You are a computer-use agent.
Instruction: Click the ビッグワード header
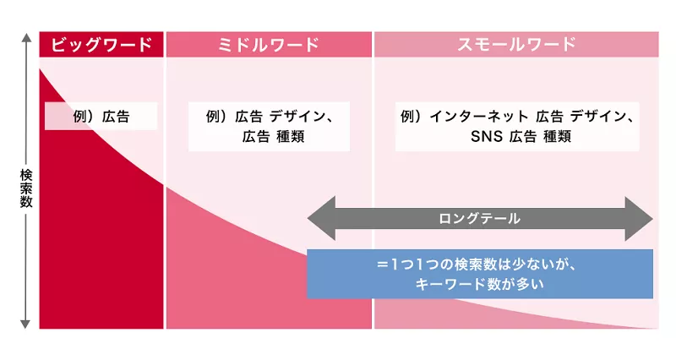(x=101, y=44)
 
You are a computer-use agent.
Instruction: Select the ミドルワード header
(x=269, y=44)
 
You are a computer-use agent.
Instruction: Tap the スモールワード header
(x=516, y=44)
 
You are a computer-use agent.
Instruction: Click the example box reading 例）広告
(x=101, y=117)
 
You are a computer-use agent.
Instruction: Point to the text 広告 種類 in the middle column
(x=269, y=136)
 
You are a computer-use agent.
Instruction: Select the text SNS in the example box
(x=487, y=136)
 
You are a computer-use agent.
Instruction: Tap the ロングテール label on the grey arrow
(x=479, y=218)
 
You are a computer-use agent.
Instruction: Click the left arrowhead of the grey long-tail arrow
(x=318, y=218)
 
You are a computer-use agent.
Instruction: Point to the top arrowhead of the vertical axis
(x=25, y=38)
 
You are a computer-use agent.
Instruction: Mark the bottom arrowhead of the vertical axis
(x=25, y=323)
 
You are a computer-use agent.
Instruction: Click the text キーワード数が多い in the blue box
(x=479, y=284)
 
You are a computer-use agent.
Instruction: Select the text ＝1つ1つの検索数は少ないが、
(x=479, y=264)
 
